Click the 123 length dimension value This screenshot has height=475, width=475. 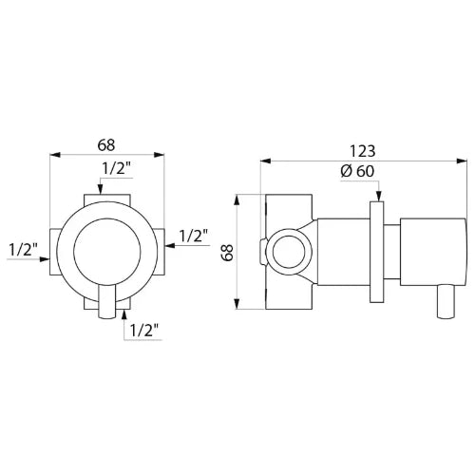(363, 151)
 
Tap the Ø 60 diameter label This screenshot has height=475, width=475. (357, 171)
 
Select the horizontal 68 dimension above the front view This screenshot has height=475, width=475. (106, 145)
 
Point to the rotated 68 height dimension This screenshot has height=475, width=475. (227, 252)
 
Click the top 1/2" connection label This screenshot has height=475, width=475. (117, 169)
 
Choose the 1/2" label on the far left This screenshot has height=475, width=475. (23, 250)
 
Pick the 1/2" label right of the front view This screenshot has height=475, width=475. (194, 236)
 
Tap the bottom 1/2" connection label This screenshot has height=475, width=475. (144, 331)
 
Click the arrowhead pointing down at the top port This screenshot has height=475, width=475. (100, 188)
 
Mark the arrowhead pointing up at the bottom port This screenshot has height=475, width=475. (124, 315)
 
